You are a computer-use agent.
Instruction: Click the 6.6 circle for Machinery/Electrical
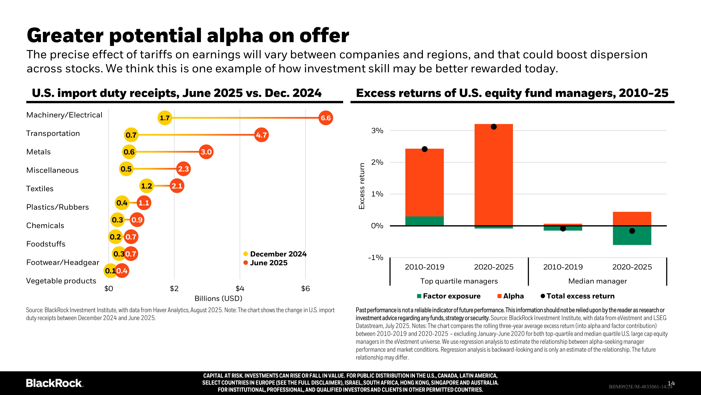tap(325, 118)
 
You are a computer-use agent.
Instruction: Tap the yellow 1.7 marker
tap(165, 118)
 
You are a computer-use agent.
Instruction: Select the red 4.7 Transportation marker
tap(261, 135)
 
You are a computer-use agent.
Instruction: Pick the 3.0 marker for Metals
tap(206, 152)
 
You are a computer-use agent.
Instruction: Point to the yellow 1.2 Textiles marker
tap(146, 186)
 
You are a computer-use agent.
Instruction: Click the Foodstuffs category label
tap(46, 244)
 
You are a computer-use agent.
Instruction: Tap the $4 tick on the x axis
tap(240, 289)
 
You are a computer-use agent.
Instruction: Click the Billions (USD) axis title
tap(218, 298)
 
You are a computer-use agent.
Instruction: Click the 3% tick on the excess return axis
tap(377, 131)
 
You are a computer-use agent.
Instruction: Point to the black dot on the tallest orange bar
tap(494, 127)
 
